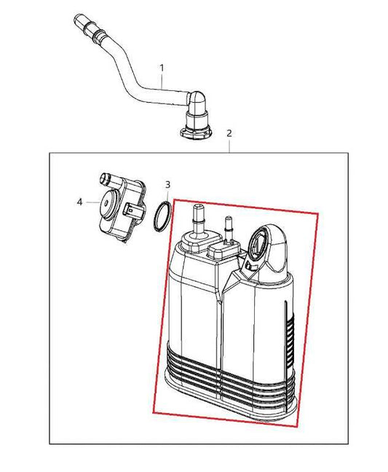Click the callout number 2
click(229, 133)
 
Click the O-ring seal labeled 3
click(164, 216)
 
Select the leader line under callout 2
click(229, 146)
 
